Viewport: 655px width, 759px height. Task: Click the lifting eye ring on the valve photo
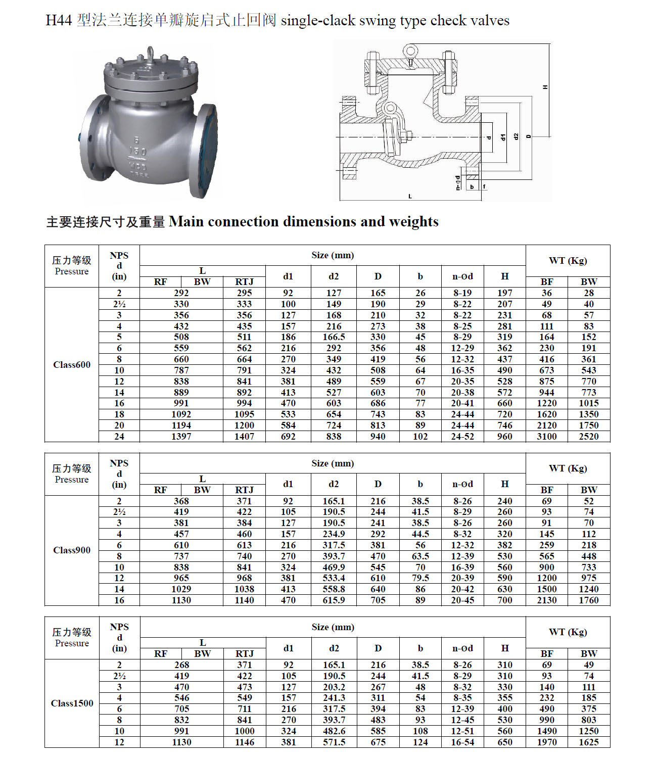click(151, 53)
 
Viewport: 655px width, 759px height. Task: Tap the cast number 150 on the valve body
click(137, 151)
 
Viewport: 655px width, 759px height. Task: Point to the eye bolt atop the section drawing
click(410, 52)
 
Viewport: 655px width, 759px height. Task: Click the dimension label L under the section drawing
click(409, 196)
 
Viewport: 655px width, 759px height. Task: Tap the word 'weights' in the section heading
click(413, 221)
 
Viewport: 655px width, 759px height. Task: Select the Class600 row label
click(72, 365)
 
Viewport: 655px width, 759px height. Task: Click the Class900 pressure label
click(72, 550)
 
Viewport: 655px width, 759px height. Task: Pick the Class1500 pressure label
click(72, 703)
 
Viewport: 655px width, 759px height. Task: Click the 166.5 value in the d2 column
click(334, 337)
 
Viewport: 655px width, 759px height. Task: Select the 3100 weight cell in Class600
click(547, 437)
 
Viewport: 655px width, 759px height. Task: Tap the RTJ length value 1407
click(244, 437)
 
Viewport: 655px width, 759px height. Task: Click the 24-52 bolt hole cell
click(462, 437)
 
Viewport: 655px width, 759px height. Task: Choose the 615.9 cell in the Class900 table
click(334, 600)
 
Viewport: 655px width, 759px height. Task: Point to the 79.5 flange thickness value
click(420, 578)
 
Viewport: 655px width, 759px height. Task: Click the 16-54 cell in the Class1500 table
click(462, 742)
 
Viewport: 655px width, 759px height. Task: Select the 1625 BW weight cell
click(589, 742)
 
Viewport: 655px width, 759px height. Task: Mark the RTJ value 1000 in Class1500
click(244, 731)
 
